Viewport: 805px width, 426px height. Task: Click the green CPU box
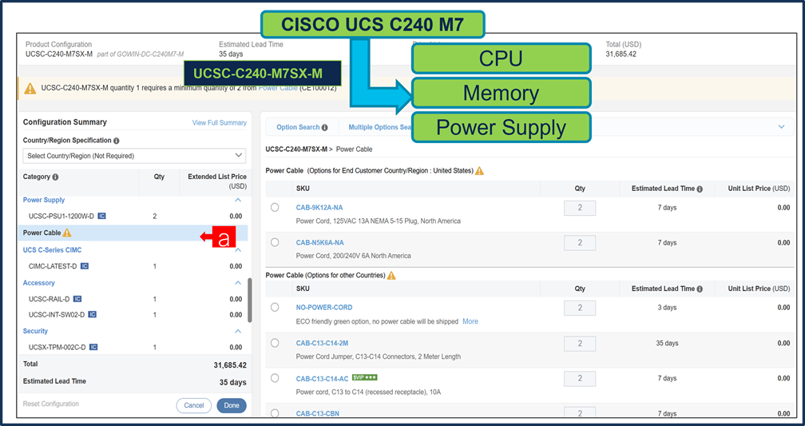pyautogui.click(x=501, y=58)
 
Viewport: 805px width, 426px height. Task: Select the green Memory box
pyautogui.click(x=501, y=94)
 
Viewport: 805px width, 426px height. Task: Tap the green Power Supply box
pyautogui.click(x=501, y=128)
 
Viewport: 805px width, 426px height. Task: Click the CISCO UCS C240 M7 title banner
pyautogui.click(x=372, y=24)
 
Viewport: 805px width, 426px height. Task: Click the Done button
pyautogui.click(x=232, y=405)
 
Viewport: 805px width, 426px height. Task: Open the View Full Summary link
pyautogui.click(x=220, y=123)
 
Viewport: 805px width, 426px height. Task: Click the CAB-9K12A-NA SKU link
pyautogui.click(x=319, y=208)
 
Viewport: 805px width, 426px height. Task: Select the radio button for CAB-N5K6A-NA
pyautogui.click(x=275, y=242)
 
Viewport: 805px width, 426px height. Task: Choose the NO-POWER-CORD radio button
pyautogui.click(x=275, y=308)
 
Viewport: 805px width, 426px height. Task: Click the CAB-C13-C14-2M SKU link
pyautogui.click(x=323, y=343)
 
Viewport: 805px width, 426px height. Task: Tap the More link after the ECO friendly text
pyautogui.click(x=470, y=321)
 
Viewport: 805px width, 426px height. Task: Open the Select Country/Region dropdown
pyautogui.click(x=134, y=156)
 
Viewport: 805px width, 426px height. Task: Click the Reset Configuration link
pyautogui.click(x=51, y=404)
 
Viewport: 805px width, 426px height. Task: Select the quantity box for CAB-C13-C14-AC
pyautogui.click(x=580, y=378)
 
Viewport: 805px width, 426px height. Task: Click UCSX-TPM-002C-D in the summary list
pyautogui.click(x=57, y=348)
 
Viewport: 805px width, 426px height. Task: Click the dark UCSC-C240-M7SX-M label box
pyautogui.click(x=263, y=74)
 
